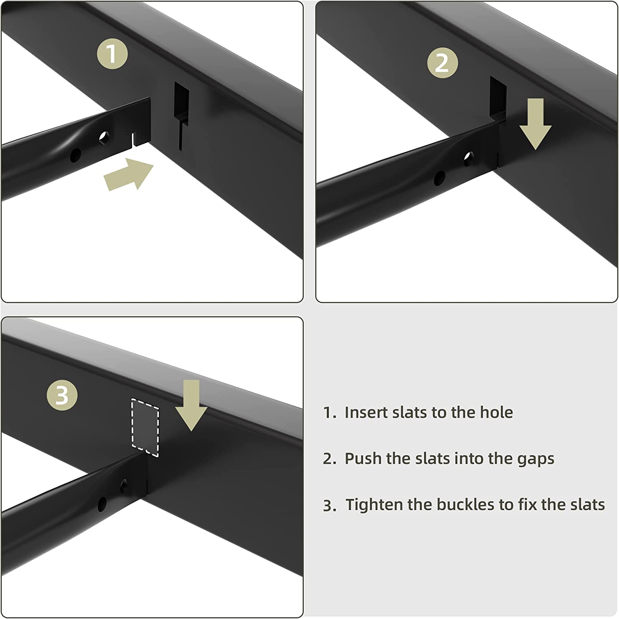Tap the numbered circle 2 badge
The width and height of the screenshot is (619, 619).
(442, 63)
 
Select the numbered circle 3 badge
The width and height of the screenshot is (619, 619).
(62, 395)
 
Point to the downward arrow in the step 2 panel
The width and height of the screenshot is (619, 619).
(535, 124)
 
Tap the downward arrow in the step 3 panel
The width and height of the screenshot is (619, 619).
(191, 405)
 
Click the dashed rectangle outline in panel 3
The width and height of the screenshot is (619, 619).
(145, 428)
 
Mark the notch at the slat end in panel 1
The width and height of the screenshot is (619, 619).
(134, 139)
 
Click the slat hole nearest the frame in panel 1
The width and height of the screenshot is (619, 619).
(104, 137)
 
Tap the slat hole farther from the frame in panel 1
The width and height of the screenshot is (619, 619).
(76, 155)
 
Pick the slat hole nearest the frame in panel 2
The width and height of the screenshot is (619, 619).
(468, 158)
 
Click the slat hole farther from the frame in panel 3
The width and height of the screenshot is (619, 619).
(102, 503)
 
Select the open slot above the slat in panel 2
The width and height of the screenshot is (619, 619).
(498, 97)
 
